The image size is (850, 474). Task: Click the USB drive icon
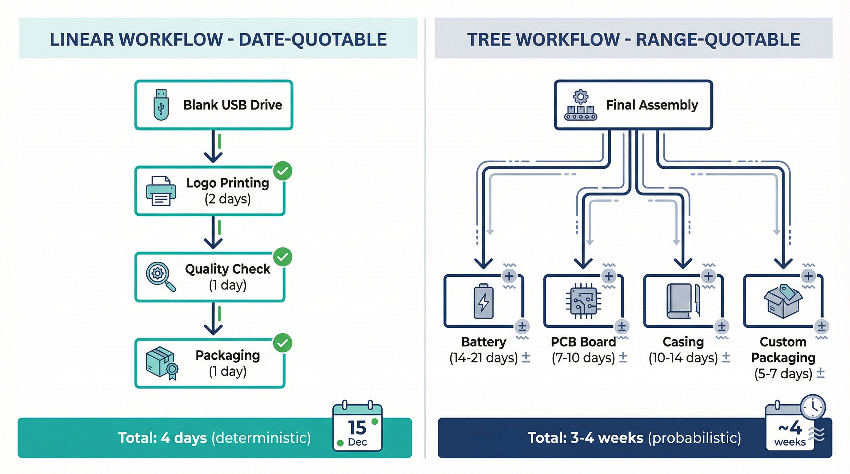pyautogui.click(x=161, y=105)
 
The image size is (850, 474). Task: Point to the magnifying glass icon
pyautogui.click(x=160, y=276)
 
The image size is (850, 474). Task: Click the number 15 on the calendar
pyautogui.click(x=357, y=427)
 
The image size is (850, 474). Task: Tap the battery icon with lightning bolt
pyautogui.click(x=483, y=301)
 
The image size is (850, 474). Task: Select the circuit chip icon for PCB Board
pyautogui.click(x=583, y=301)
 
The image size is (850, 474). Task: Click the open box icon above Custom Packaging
pyautogui.click(x=783, y=301)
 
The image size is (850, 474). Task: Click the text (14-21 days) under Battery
pyautogui.click(x=483, y=358)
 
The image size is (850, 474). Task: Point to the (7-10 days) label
pyautogui.click(x=583, y=358)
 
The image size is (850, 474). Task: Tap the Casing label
pyautogui.click(x=683, y=342)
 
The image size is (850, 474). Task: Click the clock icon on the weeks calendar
pyautogui.click(x=813, y=407)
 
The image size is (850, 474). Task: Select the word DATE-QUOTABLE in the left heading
pyautogui.click(x=313, y=39)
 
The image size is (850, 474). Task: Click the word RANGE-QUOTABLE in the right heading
pyautogui.click(x=718, y=39)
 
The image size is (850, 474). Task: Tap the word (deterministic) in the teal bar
pyautogui.click(x=261, y=438)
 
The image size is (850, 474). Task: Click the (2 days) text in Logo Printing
pyautogui.click(x=228, y=199)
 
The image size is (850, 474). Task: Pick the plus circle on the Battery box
pyautogui.click(x=509, y=276)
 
